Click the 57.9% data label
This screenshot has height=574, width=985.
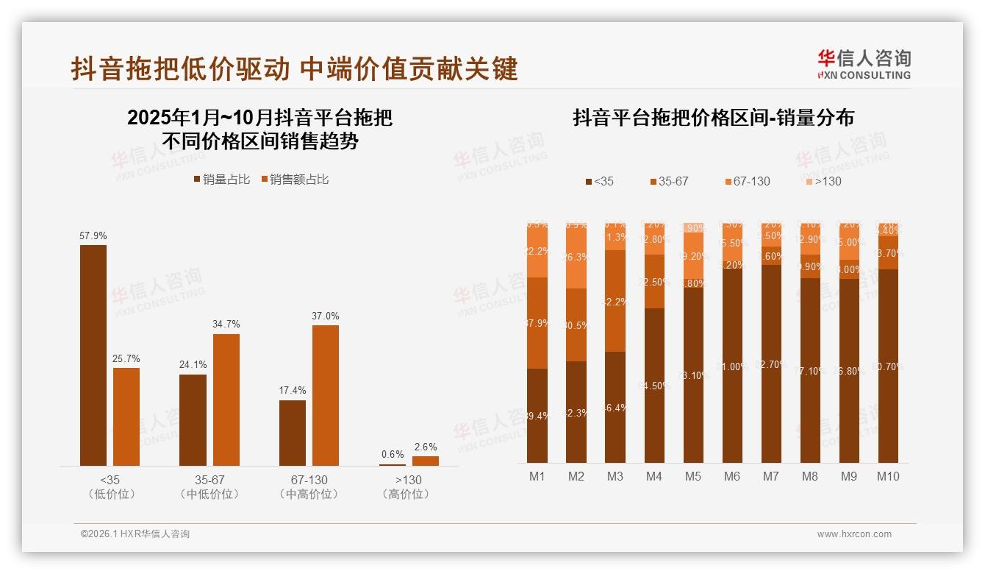tap(93, 236)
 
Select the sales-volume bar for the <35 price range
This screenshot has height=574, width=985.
tap(93, 355)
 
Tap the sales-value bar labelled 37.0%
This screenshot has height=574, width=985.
tap(326, 395)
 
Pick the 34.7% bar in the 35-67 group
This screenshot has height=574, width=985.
tap(226, 400)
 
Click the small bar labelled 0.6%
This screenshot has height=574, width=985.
tap(393, 464)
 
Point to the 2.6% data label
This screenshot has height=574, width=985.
tap(425, 447)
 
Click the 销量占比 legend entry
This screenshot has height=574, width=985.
tap(222, 180)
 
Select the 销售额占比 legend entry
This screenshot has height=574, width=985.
tap(295, 180)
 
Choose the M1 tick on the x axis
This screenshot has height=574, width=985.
tap(537, 476)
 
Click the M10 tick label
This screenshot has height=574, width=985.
tap(888, 476)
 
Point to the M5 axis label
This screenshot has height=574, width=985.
tap(693, 476)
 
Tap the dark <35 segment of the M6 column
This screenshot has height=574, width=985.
tap(732, 366)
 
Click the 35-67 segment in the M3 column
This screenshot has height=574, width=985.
tap(615, 301)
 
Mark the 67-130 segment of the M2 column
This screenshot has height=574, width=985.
tap(576, 258)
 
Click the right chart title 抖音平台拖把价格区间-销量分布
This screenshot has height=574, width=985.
tap(713, 118)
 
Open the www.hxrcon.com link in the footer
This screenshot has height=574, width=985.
tap(854, 534)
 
